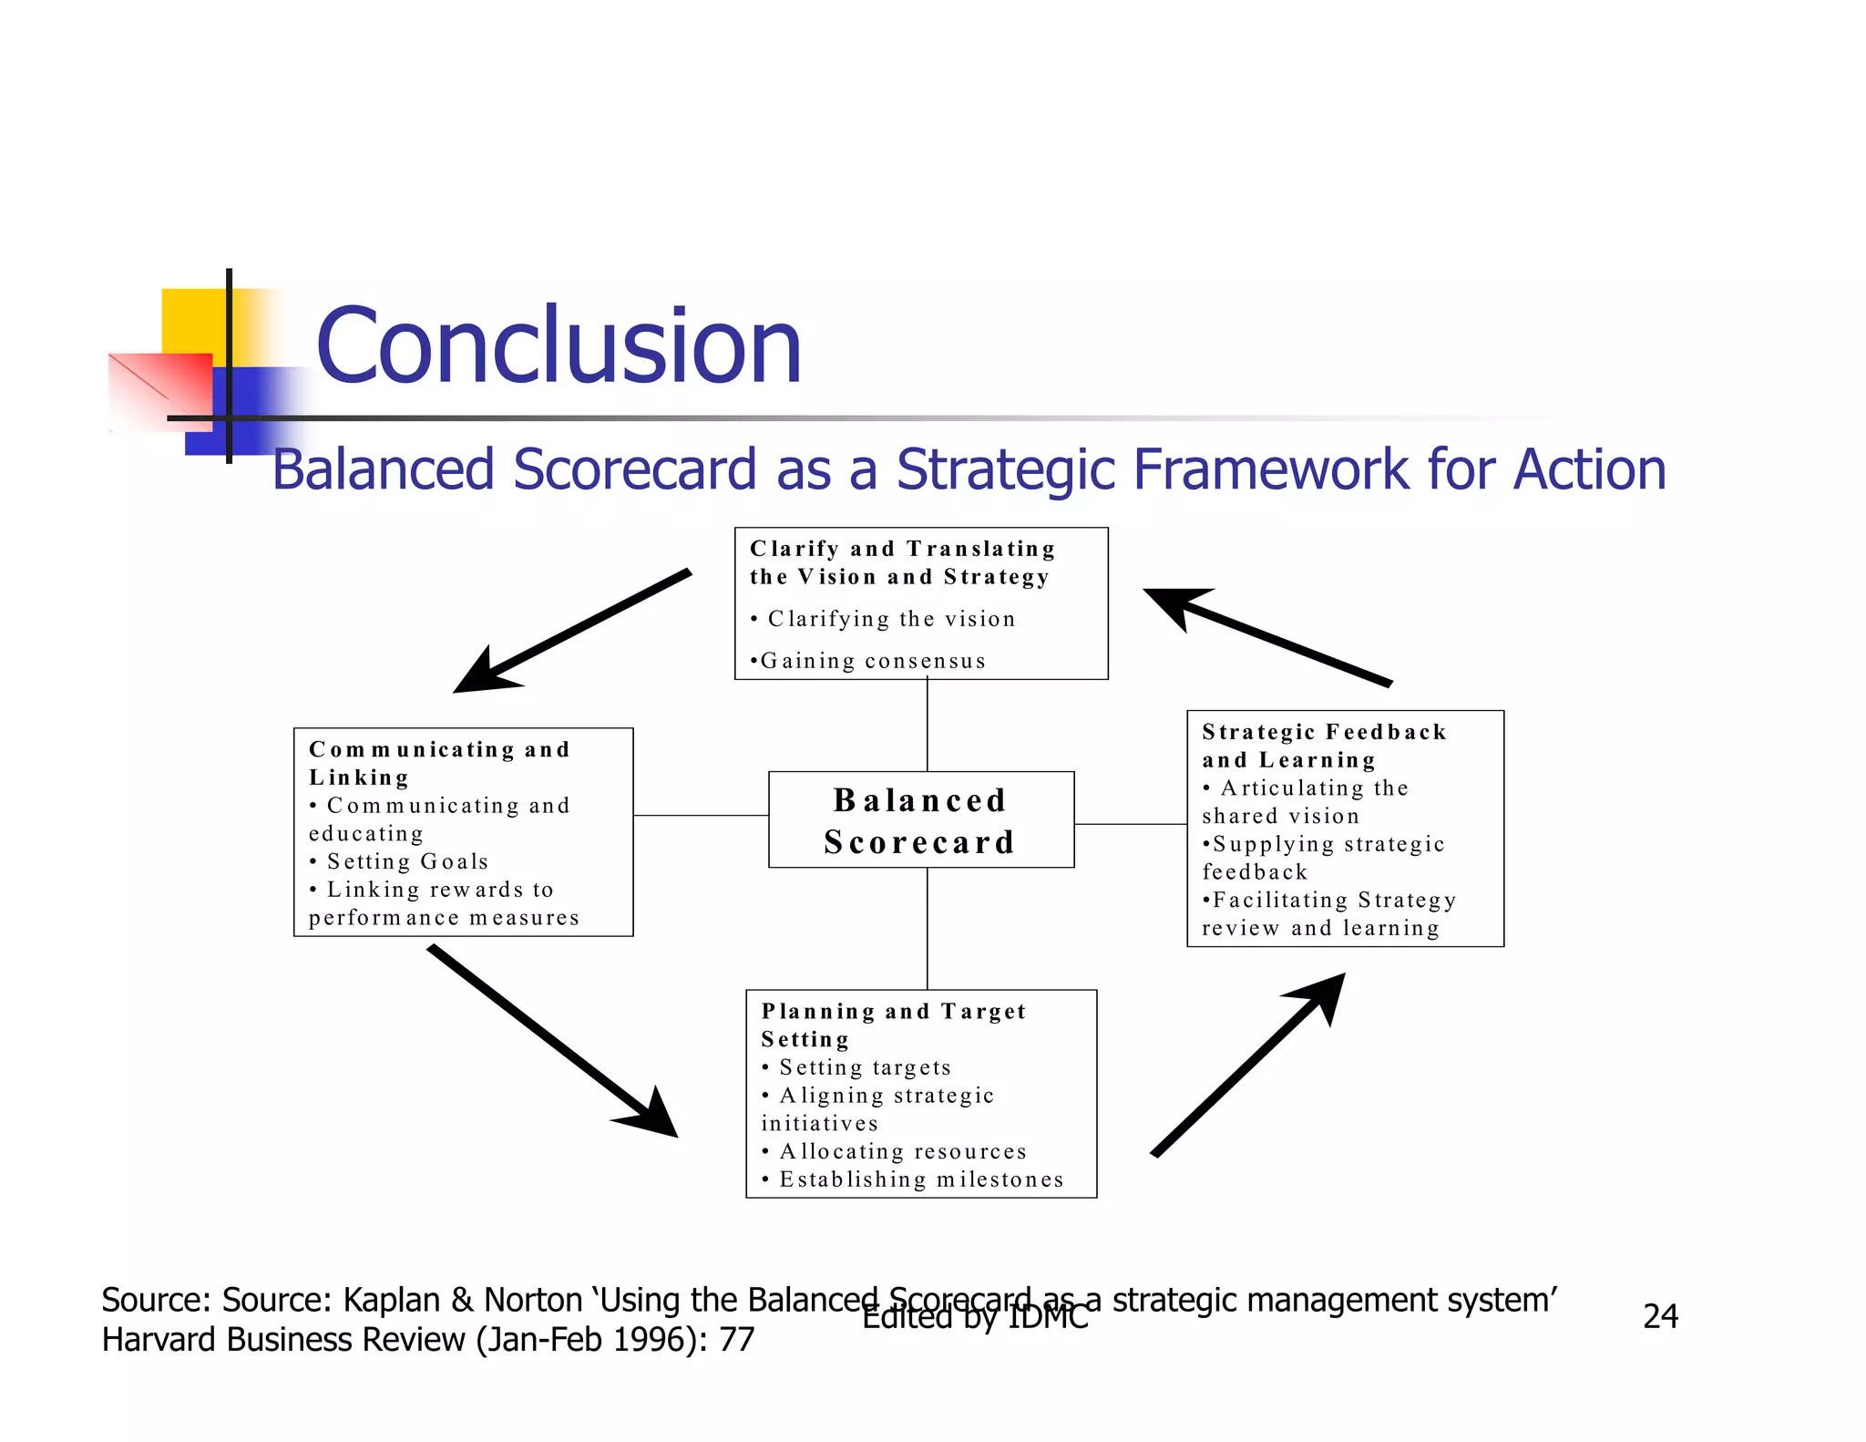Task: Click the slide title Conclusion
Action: coord(558,346)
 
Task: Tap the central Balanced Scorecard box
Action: coord(920,820)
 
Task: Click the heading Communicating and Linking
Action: coord(439,763)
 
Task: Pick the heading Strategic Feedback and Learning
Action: coord(1323,746)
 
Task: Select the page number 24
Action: coord(1660,1316)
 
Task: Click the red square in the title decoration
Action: coord(160,390)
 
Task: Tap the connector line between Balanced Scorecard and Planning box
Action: coord(928,928)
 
